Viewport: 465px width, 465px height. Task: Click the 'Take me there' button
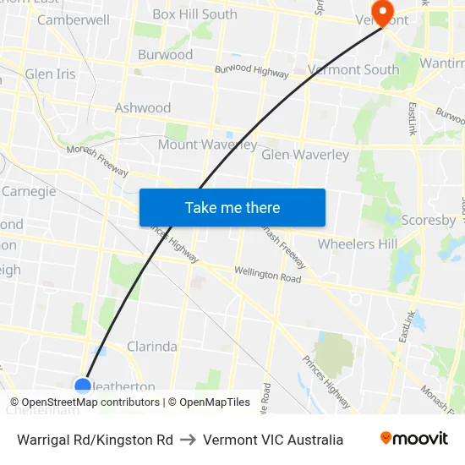click(x=232, y=207)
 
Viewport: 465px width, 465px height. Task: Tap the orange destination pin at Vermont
click(x=382, y=13)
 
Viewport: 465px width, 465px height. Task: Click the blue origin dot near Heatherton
click(x=83, y=386)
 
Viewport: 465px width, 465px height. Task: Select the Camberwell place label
click(x=74, y=19)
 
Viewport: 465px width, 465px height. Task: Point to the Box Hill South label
click(x=194, y=14)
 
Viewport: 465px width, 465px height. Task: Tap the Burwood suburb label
click(x=165, y=55)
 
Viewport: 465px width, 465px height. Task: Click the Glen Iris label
click(x=50, y=74)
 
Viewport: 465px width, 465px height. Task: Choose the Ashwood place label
click(x=143, y=108)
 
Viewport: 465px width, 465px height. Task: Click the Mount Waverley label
click(x=207, y=145)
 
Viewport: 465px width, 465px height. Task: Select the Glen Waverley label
click(x=305, y=155)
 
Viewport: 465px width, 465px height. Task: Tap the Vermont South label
click(x=353, y=69)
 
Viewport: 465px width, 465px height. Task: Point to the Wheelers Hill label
click(x=357, y=244)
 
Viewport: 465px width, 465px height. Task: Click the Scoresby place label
click(x=429, y=220)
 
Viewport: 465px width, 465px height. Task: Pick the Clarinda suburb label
click(x=152, y=347)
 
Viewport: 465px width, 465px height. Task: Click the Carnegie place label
click(x=29, y=191)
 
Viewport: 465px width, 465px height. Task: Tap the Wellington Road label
click(x=268, y=274)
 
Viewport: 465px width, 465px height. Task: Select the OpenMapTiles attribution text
click(x=214, y=402)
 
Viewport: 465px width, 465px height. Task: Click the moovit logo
click(x=414, y=439)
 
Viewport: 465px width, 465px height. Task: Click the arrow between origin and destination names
click(x=188, y=440)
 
